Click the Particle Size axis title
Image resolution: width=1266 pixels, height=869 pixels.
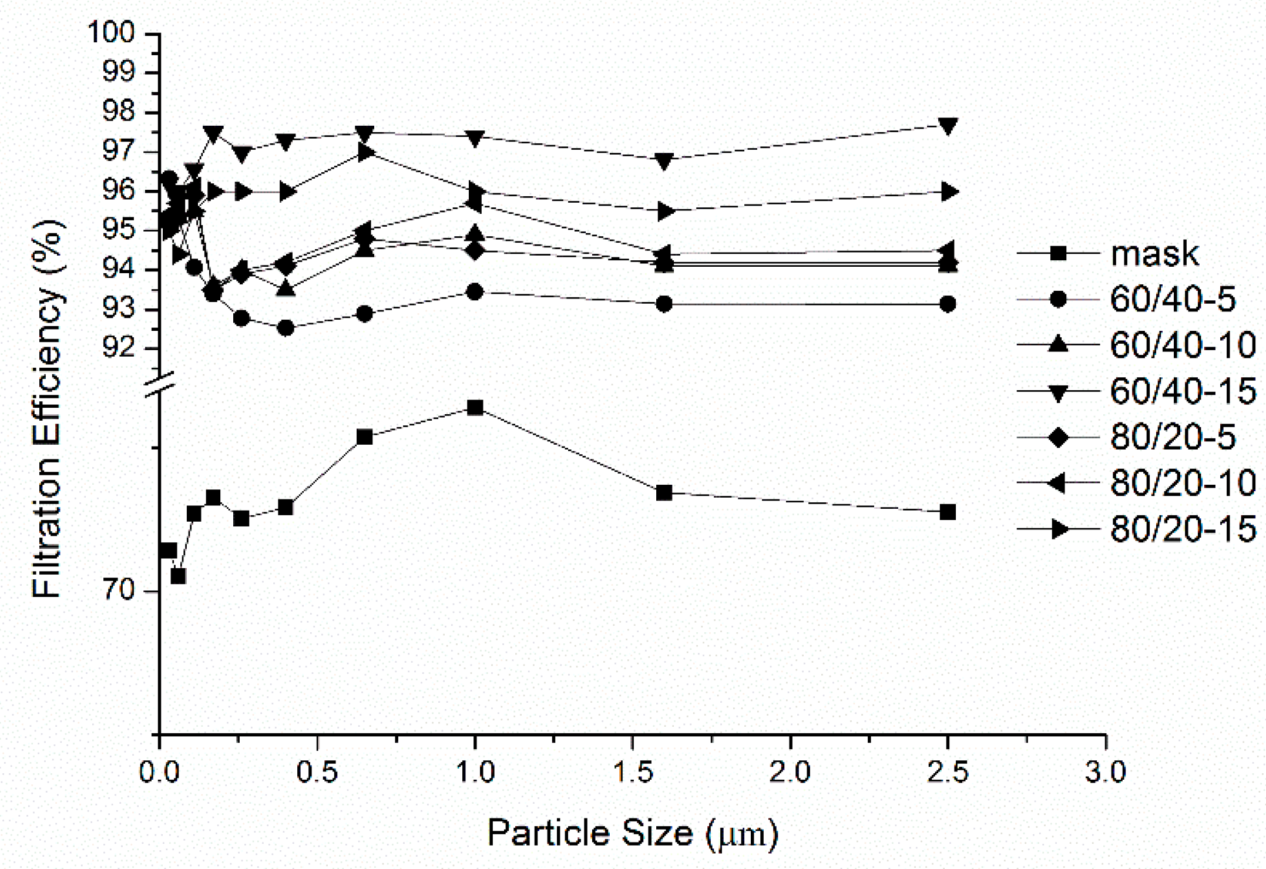pos(632,833)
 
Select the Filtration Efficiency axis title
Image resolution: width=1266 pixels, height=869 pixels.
pos(47,409)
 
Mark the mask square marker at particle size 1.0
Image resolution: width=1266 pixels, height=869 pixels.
pos(475,408)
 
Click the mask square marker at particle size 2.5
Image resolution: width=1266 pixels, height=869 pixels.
pos(947,512)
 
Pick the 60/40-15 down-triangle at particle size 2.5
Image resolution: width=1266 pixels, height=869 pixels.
pos(947,125)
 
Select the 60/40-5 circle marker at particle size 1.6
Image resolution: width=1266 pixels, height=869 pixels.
pos(664,304)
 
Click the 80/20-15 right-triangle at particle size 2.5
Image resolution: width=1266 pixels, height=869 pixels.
pos(947,192)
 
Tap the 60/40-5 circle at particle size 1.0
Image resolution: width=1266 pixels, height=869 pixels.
pos(475,292)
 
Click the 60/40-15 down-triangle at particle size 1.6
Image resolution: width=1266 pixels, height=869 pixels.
pos(664,161)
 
